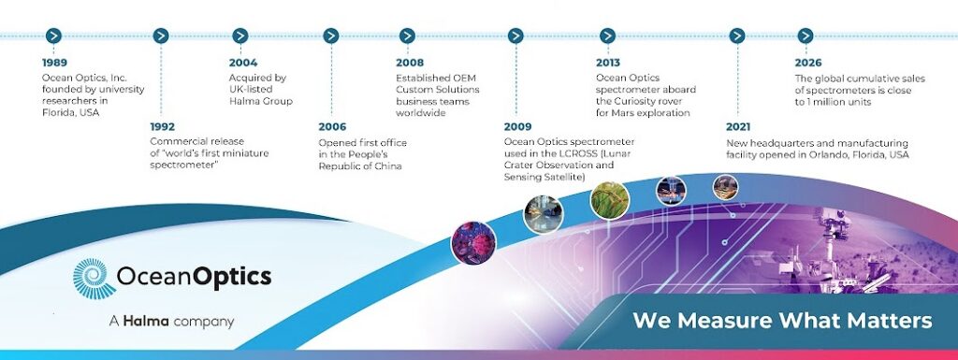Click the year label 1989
tap(54, 63)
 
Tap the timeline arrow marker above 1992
tap(161, 36)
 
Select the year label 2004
tap(243, 63)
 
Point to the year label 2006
tap(332, 127)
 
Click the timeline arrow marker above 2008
tap(408, 36)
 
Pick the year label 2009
tap(518, 127)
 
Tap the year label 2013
tap(608, 63)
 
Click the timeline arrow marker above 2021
tap(737, 36)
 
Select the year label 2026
tap(808, 63)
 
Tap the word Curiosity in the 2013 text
tap(636, 101)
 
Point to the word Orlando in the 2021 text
tap(825, 155)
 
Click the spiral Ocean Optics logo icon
tap(94, 279)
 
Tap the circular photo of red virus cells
tap(473, 243)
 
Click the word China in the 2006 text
tap(388, 166)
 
